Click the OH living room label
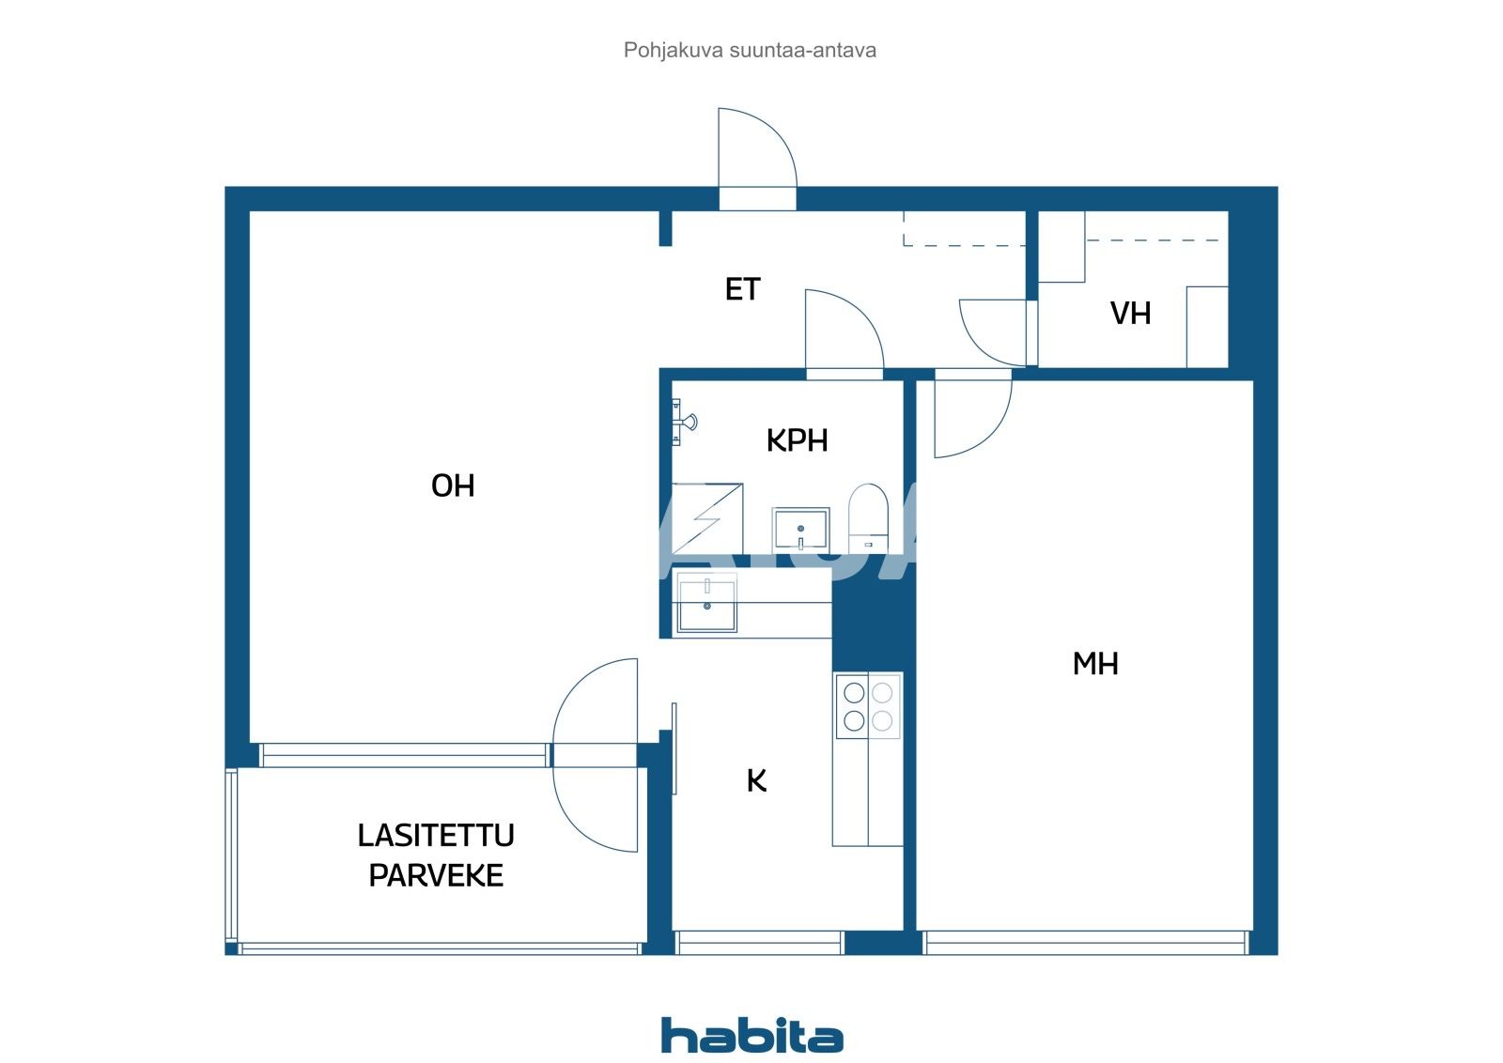click(x=452, y=485)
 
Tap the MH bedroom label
click(x=1094, y=664)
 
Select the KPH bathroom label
click(x=797, y=440)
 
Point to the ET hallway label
click(x=741, y=289)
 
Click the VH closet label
click(x=1130, y=313)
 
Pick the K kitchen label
click(x=756, y=780)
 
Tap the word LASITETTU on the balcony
click(x=436, y=835)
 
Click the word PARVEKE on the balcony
click(x=436, y=875)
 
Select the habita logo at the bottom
click(x=751, y=1035)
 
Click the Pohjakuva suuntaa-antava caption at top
click(x=750, y=50)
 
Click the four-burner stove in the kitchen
click(x=868, y=706)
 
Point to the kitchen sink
click(x=706, y=606)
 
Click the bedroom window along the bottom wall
click(x=1086, y=942)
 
